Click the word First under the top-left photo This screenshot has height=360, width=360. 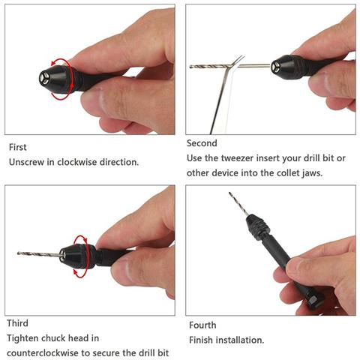point(17,147)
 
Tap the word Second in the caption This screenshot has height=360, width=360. point(202,143)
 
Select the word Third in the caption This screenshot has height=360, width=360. point(17,323)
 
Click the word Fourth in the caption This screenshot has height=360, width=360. point(202,325)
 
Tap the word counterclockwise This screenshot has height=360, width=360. point(43,353)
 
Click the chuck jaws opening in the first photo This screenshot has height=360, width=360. point(44,79)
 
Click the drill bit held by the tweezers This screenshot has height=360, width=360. point(230,66)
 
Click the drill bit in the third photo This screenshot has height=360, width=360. point(40,254)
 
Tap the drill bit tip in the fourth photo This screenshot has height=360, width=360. point(229,193)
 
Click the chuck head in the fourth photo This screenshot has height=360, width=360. point(258,226)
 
